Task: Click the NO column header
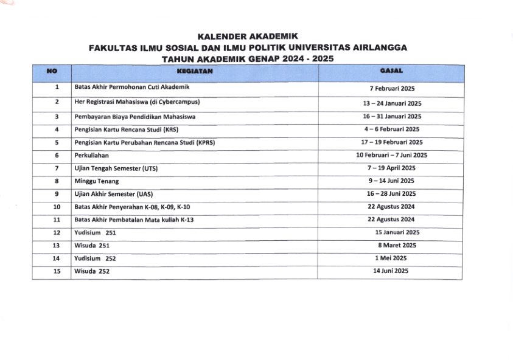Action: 52,71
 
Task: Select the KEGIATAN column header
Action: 194,71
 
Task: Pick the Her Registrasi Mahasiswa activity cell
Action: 137,102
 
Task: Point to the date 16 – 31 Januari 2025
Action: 391,116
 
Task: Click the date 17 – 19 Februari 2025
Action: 391,142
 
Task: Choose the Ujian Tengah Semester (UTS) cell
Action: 116,168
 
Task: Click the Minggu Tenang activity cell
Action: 96,181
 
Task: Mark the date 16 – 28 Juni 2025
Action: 391,194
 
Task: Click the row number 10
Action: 57,207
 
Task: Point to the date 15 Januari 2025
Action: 397,232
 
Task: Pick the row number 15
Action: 57,271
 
